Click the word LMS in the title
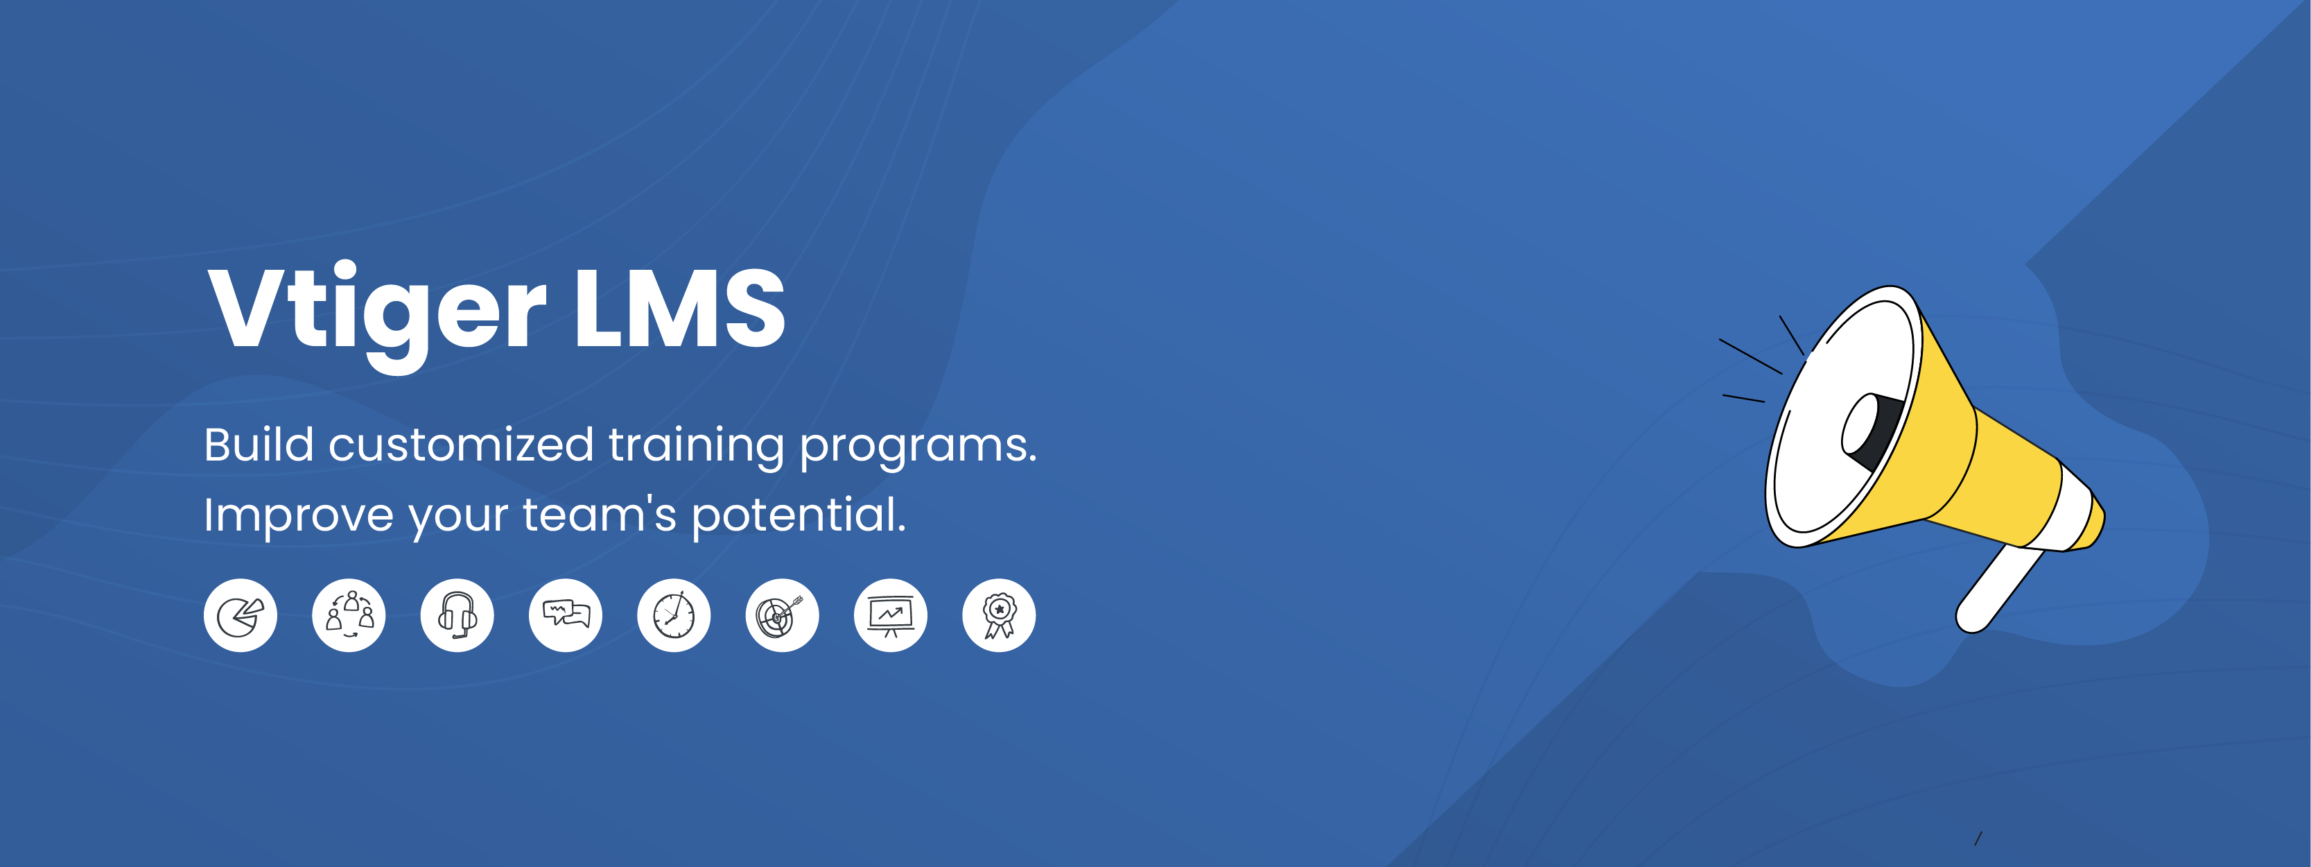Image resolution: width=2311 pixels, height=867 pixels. click(x=680, y=308)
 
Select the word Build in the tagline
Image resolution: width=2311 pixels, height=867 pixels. click(x=259, y=445)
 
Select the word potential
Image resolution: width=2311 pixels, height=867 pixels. click(x=799, y=516)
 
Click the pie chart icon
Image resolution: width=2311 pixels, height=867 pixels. click(x=241, y=616)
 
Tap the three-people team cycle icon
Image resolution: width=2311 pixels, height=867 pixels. click(x=349, y=616)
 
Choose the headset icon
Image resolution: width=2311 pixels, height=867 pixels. click(x=457, y=616)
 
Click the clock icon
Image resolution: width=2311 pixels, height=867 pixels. click(x=674, y=616)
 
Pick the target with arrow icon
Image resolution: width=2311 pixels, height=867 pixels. click(x=783, y=616)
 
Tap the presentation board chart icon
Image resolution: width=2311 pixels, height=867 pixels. click(x=891, y=616)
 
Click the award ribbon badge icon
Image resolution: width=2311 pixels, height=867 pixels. click(x=1000, y=616)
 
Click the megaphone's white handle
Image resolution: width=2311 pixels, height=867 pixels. click(x=1999, y=589)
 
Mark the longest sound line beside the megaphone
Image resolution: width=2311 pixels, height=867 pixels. click(x=1750, y=357)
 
